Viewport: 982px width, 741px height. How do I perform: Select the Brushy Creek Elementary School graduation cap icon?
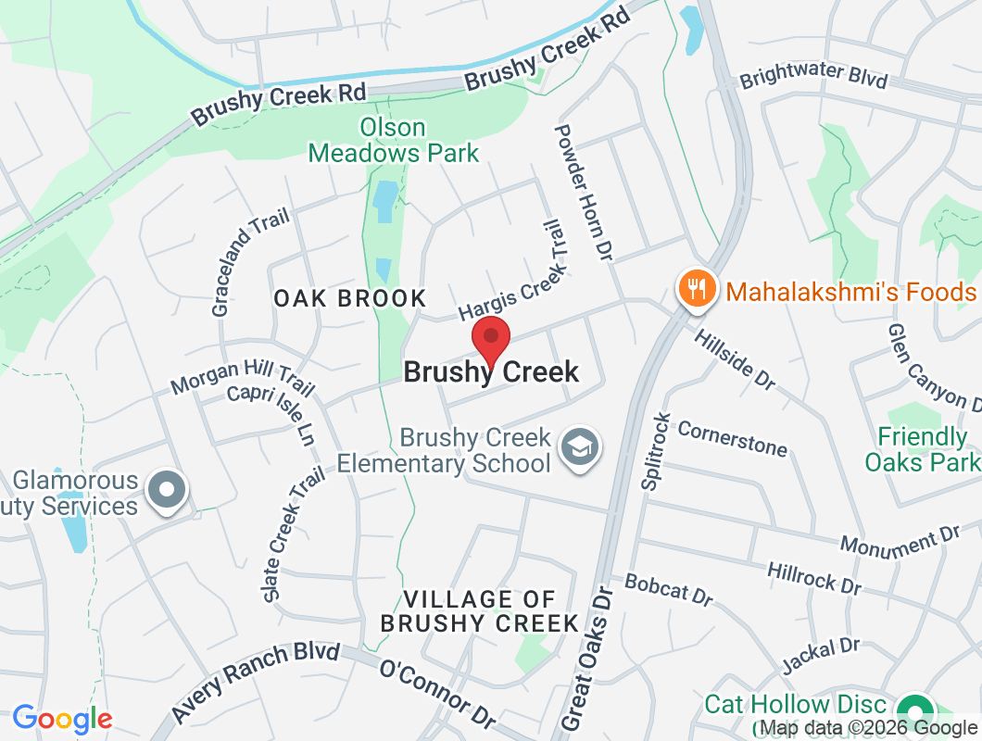click(581, 450)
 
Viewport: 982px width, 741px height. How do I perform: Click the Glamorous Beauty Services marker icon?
click(168, 489)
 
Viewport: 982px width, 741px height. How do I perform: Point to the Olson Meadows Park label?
click(394, 140)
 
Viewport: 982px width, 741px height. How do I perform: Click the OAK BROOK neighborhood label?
click(350, 298)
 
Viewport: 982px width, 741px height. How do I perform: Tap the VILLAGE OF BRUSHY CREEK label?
click(479, 610)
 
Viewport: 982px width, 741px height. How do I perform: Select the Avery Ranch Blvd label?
click(256, 683)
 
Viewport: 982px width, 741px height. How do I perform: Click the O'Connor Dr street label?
click(437, 694)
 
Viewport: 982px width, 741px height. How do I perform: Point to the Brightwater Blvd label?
click(813, 78)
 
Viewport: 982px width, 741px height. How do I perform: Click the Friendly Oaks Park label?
click(922, 449)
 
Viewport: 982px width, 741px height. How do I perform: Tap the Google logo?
click(62, 718)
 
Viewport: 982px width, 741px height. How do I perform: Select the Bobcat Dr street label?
click(669, 590)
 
